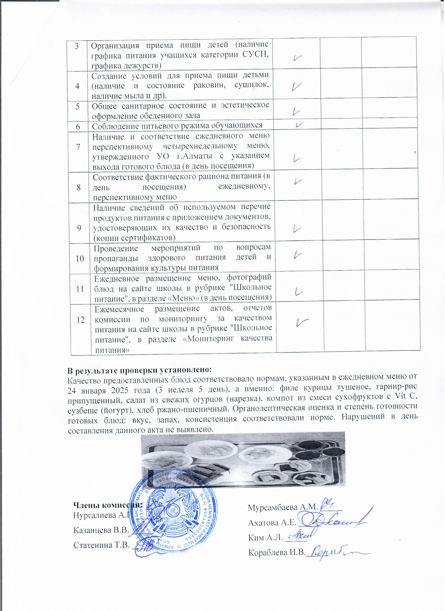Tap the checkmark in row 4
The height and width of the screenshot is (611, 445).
[x=296, y=87]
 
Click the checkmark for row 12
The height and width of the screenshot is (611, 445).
[x=302, y=322]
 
